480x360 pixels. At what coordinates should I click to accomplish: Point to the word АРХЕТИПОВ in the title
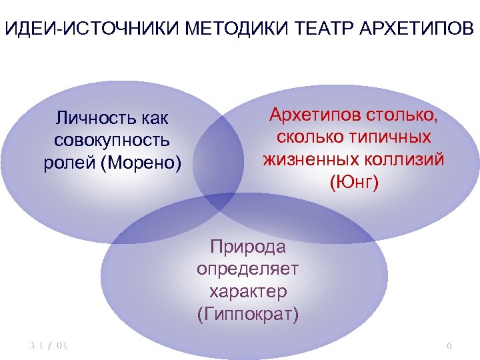point(406,29)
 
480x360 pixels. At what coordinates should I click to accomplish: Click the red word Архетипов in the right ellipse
point(315,114)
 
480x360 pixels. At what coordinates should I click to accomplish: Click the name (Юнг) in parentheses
point(353,182)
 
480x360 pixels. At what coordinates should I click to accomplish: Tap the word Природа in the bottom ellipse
point(248,247)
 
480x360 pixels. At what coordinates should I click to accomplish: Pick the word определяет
point(248,269)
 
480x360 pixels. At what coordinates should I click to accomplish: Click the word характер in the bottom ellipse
point(248,291)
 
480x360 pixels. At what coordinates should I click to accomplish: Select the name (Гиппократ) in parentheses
point(248,314)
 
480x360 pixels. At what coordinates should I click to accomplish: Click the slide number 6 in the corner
point(449,345)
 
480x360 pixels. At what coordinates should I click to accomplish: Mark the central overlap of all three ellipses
point(220,198)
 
